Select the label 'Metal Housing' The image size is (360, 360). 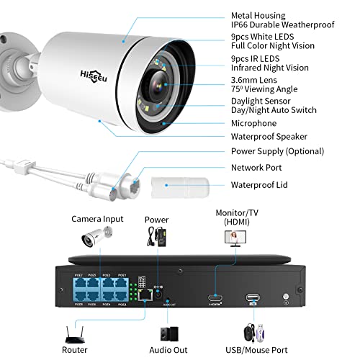click(258, 15)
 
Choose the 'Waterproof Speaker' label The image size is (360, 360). click(269, 137)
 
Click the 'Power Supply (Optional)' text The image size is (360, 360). click(277, 151)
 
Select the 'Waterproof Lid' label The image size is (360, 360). click(258, 184)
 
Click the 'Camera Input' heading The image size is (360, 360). click(97, 218)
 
